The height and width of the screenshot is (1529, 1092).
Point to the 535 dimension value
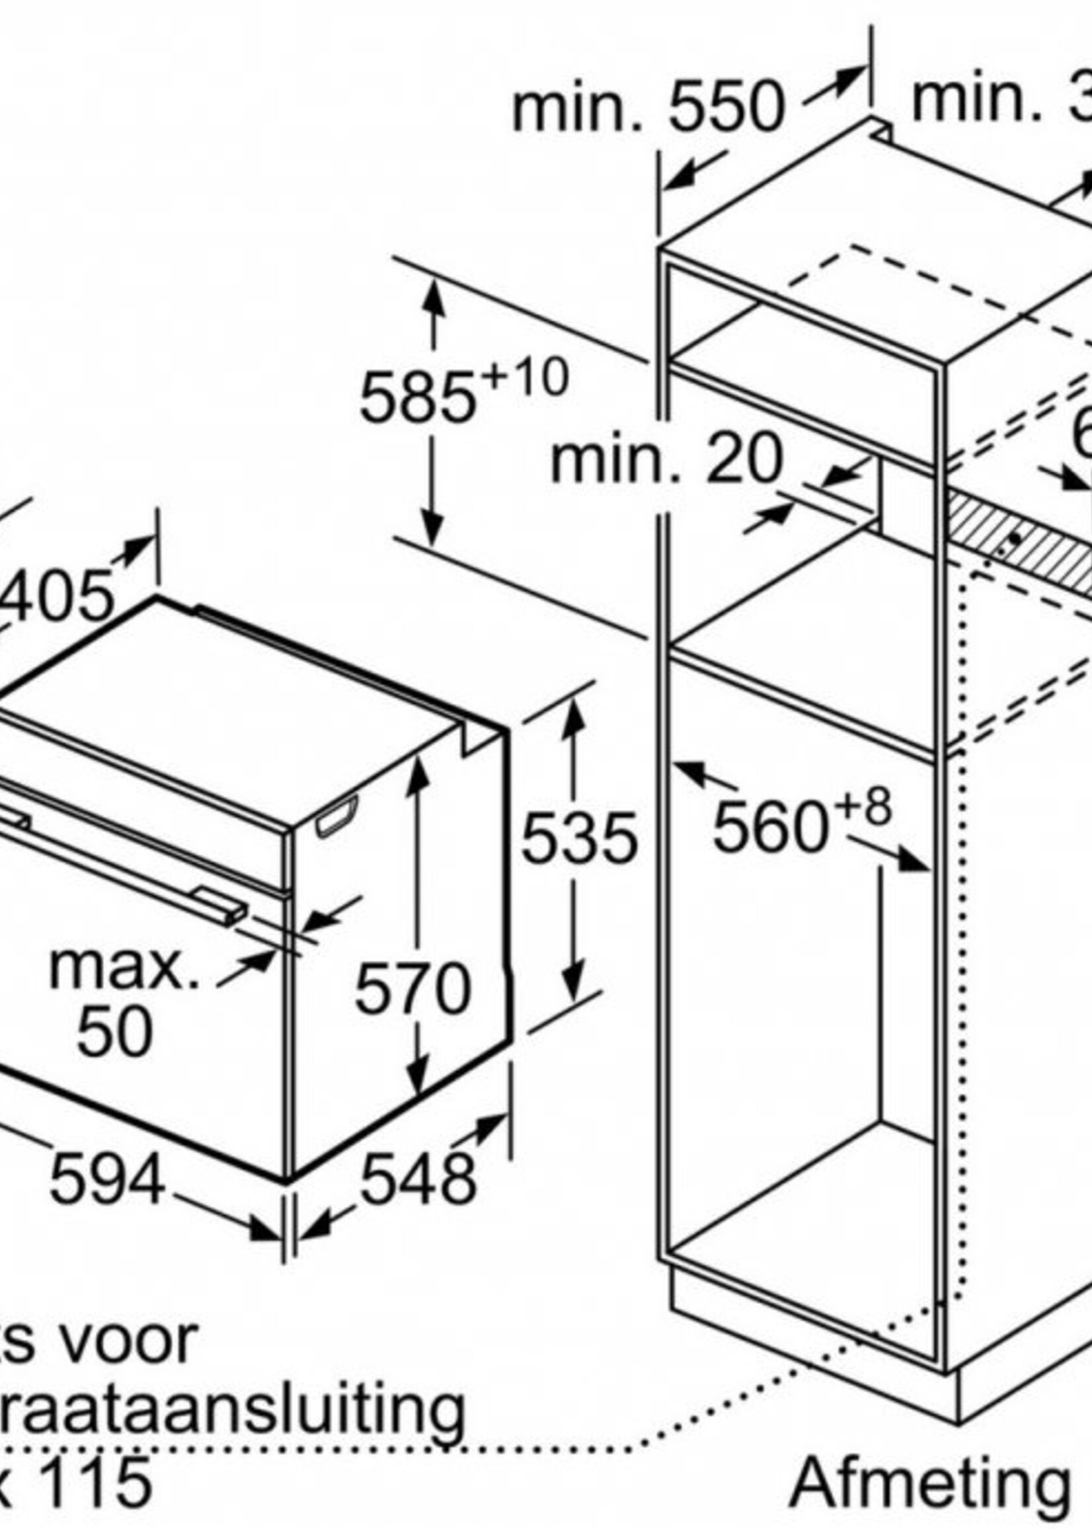click(x=578, y=838)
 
